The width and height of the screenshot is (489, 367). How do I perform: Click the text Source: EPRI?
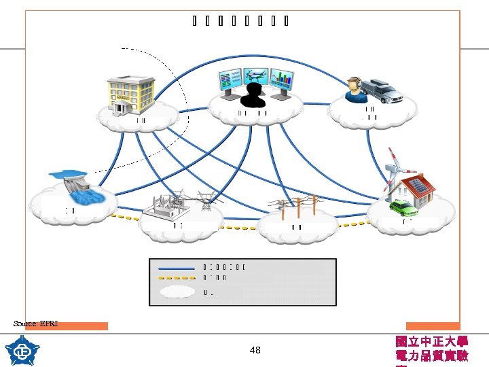35,324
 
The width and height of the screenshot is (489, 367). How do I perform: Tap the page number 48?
255,351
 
